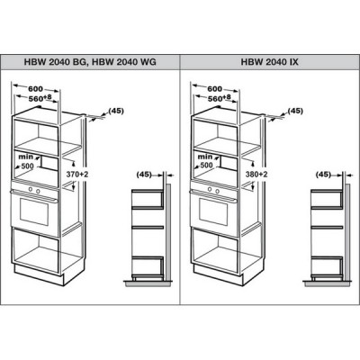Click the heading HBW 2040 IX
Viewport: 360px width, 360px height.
point(270,62)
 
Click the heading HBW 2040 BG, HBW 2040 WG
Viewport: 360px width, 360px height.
point(90,62)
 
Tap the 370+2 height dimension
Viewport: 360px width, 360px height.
point(77,175)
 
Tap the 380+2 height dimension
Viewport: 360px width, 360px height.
point(256,175)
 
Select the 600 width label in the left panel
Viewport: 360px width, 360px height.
point(36,89)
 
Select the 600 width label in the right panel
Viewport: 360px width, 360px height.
point(215,89)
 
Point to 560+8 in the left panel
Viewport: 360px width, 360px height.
point(40,98)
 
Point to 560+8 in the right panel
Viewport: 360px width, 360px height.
point(220,98)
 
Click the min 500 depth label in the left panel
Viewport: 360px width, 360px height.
point(27,161)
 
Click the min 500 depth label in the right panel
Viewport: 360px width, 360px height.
point(206,161)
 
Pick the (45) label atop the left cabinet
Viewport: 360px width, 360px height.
point(116,111)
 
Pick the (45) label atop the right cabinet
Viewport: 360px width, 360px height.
point(295,111)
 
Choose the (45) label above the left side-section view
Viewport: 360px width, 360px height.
point(144,175)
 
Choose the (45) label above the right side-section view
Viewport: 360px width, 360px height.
point(323,175)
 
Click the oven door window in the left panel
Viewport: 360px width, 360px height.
point(34,212)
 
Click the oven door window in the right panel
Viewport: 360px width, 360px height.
point(213,212)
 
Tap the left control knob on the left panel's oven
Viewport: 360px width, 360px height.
point(30,189)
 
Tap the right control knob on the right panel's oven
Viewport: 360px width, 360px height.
point(217,191)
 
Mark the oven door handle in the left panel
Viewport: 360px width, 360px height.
point(34,195)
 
